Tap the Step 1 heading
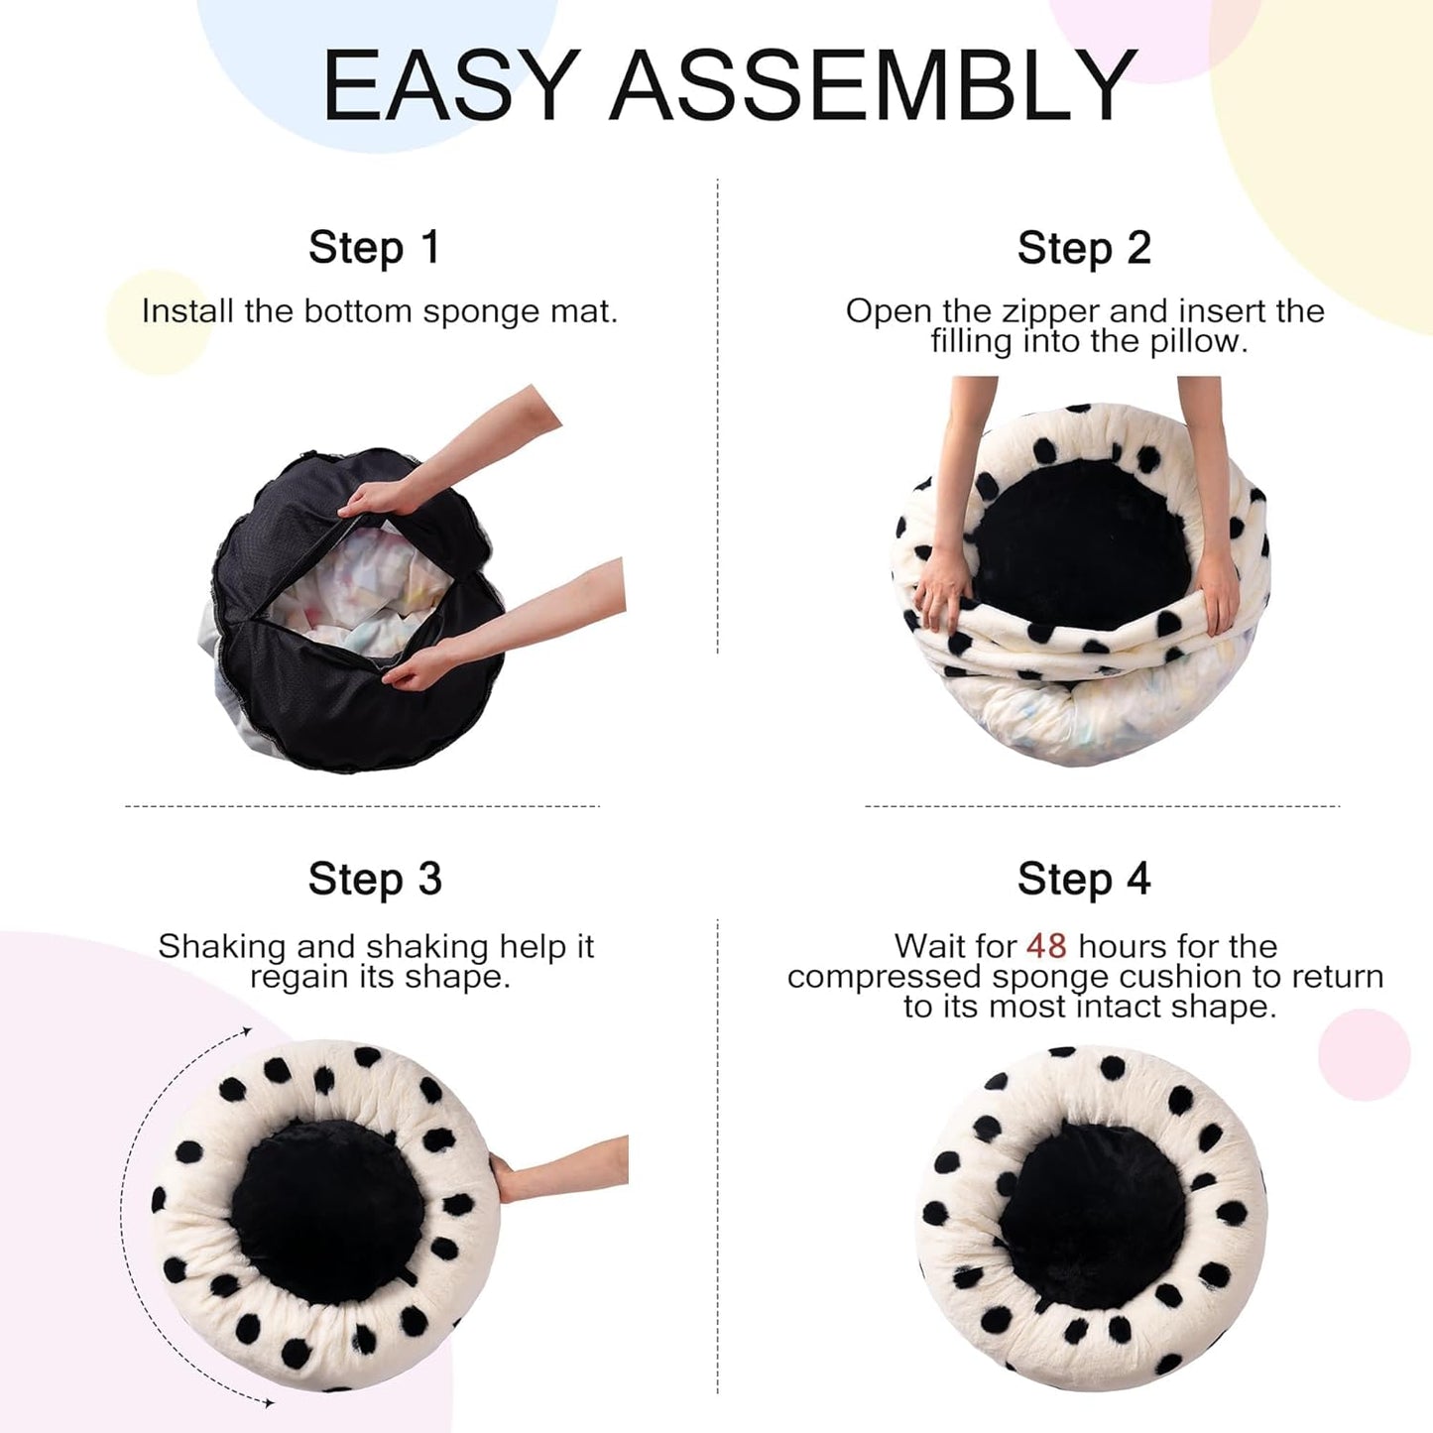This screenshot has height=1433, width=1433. (x=374, y=248)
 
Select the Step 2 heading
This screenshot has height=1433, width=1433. (x=1084, y=248)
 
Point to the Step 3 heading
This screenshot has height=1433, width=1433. (x=375, y=879)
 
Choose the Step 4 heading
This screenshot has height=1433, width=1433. (x=1084, y=879)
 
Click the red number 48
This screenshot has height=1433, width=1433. (x=1046, y=946)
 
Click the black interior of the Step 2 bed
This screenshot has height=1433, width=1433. (x=1081, y=545)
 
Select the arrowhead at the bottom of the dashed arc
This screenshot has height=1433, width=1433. (x=269, y=1402)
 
